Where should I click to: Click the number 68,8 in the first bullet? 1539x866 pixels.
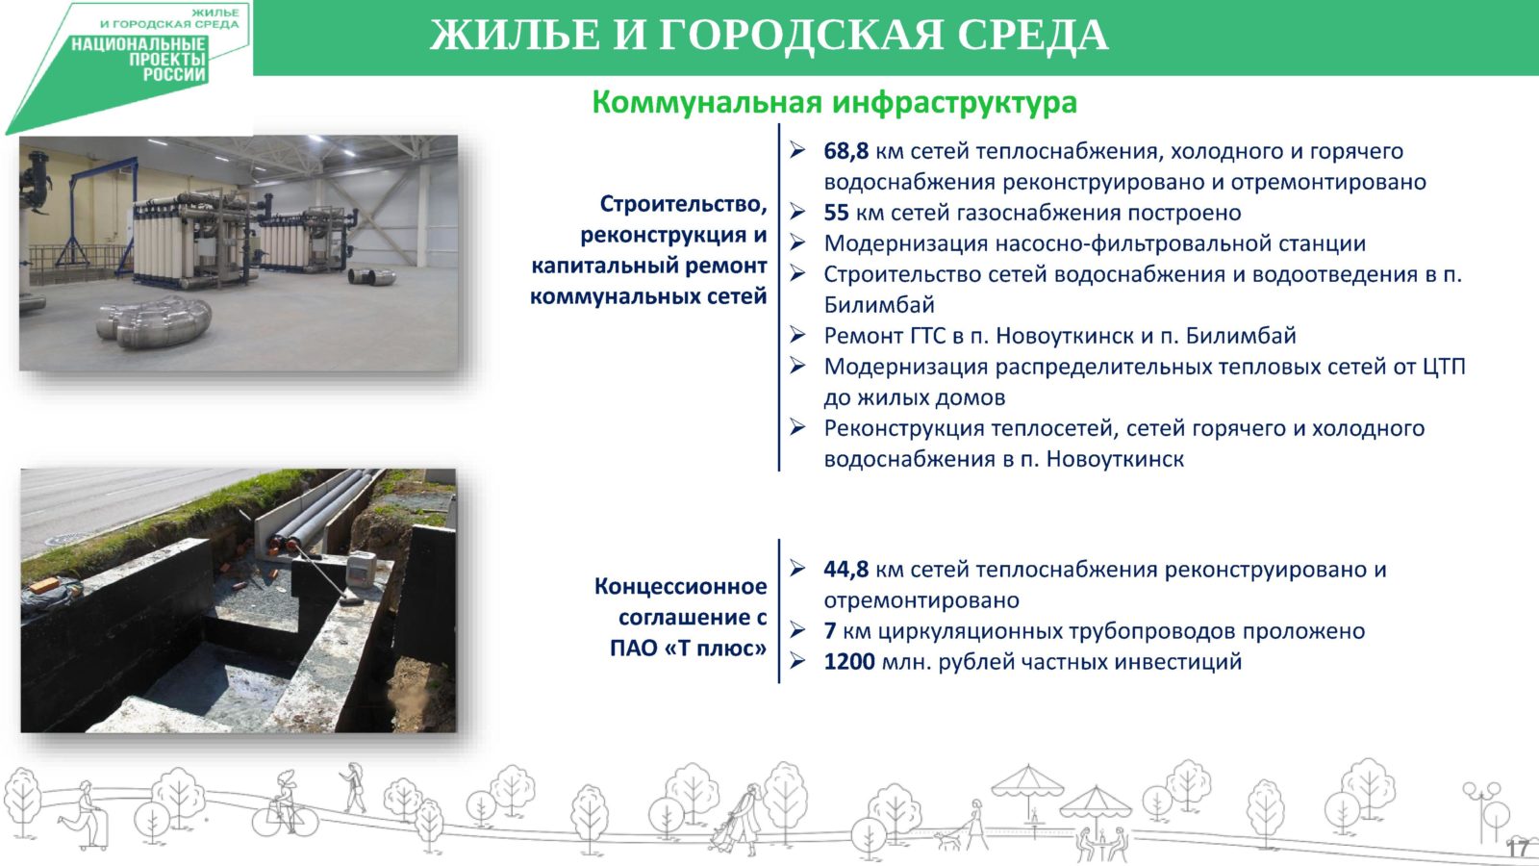pos(845,151)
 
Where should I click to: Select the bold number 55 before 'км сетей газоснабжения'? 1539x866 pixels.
pos(836,213)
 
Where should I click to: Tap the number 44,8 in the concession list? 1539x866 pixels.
pos(845,569)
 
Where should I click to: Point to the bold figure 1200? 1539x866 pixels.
pos(849,662)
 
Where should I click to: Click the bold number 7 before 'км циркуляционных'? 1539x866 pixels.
pos(830,631)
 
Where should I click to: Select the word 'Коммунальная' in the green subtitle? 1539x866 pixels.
pos(707,103)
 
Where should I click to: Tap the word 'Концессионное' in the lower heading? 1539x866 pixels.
pos(680,586)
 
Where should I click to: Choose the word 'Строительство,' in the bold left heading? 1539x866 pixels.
pos(683,204)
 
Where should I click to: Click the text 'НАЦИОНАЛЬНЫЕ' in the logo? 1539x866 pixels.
pos(139,45)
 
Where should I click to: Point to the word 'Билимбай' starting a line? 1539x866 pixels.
pos(879,304)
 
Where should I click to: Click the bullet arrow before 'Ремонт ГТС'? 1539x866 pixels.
pos(797,335)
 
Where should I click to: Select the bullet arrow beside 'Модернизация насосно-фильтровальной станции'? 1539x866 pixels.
pos(797,242)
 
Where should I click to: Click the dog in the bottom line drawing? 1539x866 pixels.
pos(949,840)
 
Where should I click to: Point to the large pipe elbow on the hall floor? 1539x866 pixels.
pos(154,321)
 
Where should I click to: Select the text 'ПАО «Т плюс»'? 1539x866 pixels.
pos(688,649)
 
